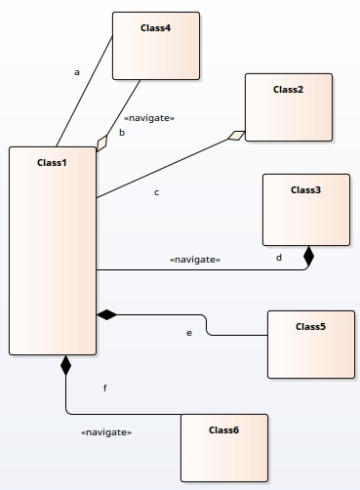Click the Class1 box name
52,162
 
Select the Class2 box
289,107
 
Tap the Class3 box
305,210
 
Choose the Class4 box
156,46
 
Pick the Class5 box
311,344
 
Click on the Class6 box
224,447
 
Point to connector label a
76,72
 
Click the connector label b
122,132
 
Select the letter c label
156,192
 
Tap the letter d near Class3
279,258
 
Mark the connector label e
189,333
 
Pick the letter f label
105,388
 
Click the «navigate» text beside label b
150,117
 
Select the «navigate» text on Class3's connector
195,260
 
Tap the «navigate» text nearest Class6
106,431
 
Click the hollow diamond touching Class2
236,136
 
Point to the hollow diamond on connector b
102,143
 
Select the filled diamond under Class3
309,257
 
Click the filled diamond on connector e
106,314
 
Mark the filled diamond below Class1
65,366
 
